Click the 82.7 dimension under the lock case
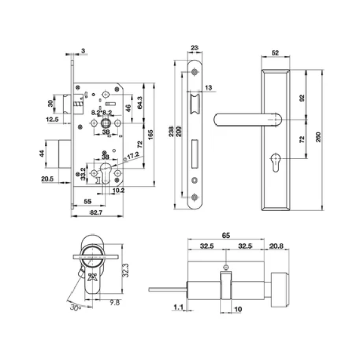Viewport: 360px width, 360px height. pos(96,212)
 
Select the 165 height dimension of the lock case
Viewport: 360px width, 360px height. pos(150,135)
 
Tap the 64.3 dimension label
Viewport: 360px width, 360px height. pos(140,102)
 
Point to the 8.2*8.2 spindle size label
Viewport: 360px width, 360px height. pos(101,113)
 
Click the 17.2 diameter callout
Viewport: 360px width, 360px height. pos(133,156)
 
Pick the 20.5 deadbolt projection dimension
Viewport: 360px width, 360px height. pos(47,178)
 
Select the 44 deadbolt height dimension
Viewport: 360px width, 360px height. pos(41,154)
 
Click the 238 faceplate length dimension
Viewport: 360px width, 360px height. pos(171,131)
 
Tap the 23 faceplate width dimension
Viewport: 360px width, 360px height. pos(194,48)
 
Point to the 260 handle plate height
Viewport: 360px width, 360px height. pos(318,137)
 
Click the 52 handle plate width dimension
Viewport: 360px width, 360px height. pos(275,53)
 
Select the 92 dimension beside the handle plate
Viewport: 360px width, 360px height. pos(302,98)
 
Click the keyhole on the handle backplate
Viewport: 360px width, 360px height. pos(276,163)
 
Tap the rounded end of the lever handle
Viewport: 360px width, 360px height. pos(218,120)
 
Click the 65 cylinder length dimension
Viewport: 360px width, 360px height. pos(226,236)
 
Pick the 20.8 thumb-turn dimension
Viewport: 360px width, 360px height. pos(277,246)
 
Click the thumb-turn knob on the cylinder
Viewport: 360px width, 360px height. pos(280,290)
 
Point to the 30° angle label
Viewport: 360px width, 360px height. pos(76,307)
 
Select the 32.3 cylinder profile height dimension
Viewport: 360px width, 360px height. pos(125,270)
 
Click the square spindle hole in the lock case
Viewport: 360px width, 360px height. pos(105,123)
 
